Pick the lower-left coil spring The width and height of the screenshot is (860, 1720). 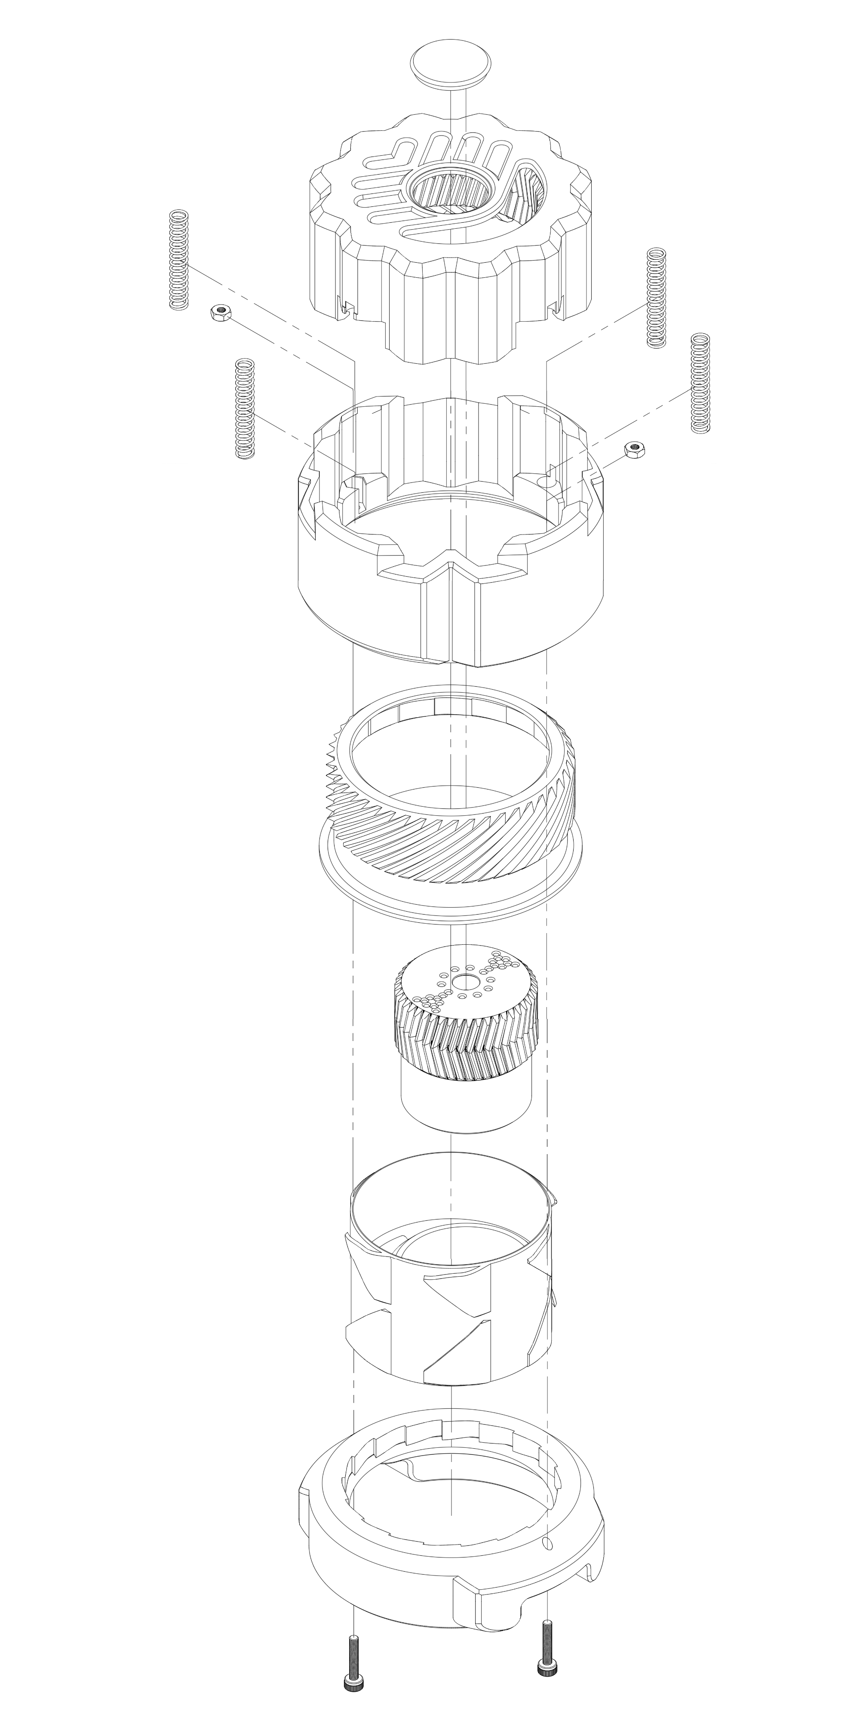246,408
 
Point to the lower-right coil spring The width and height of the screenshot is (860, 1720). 699,383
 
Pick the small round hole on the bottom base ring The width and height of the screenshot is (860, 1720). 549,1522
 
